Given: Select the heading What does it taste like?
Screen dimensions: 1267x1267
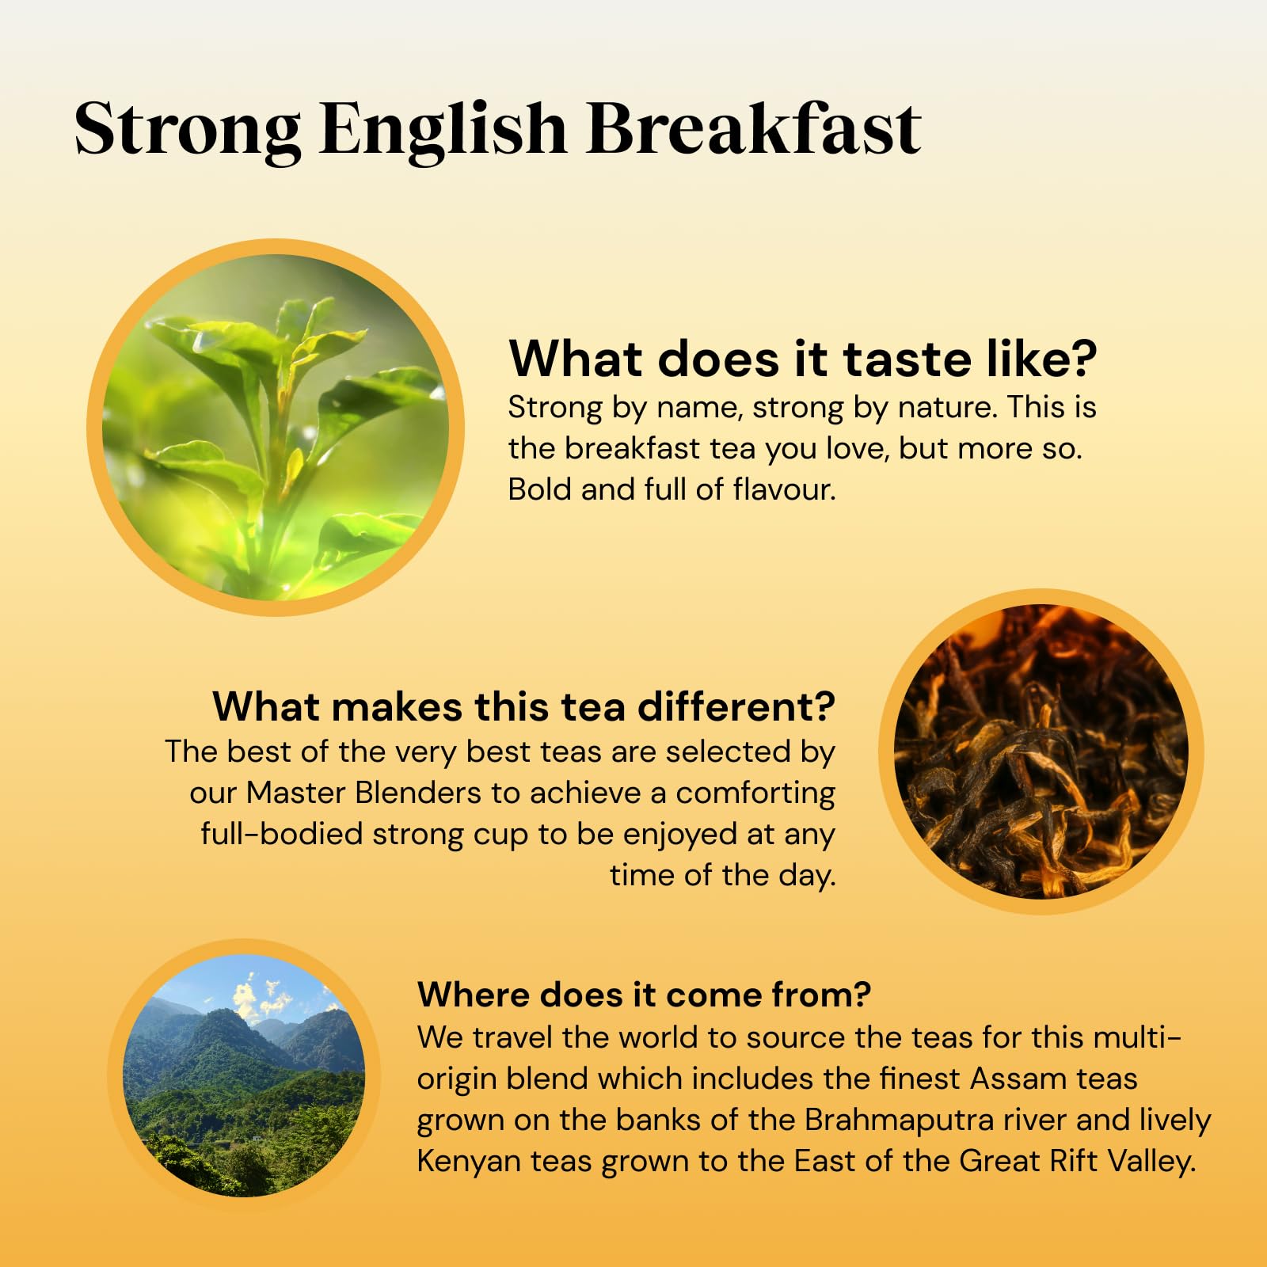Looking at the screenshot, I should [802, 359].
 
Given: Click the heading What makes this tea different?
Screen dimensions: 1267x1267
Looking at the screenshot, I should [523, 706].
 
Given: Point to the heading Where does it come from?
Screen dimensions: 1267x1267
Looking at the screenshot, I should [644, 995].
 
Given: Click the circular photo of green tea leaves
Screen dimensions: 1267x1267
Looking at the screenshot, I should [275, 428].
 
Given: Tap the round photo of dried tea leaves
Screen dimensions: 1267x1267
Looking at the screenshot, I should [1041, 751].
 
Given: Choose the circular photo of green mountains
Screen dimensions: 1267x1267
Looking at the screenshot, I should [244, 1075].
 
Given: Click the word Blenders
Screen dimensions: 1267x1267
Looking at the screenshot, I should [417, 793].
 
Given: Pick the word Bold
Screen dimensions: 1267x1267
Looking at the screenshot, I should [540, 489].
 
